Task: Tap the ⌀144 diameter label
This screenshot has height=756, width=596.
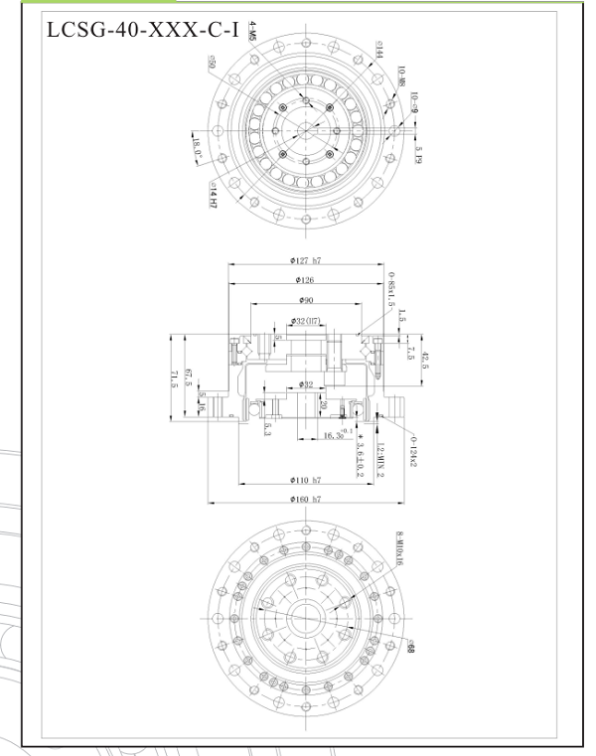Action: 379,50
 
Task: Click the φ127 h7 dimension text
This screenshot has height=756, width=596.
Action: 305,260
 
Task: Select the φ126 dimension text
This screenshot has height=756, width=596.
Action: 303,281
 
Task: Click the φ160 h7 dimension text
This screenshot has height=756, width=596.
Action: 305,499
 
